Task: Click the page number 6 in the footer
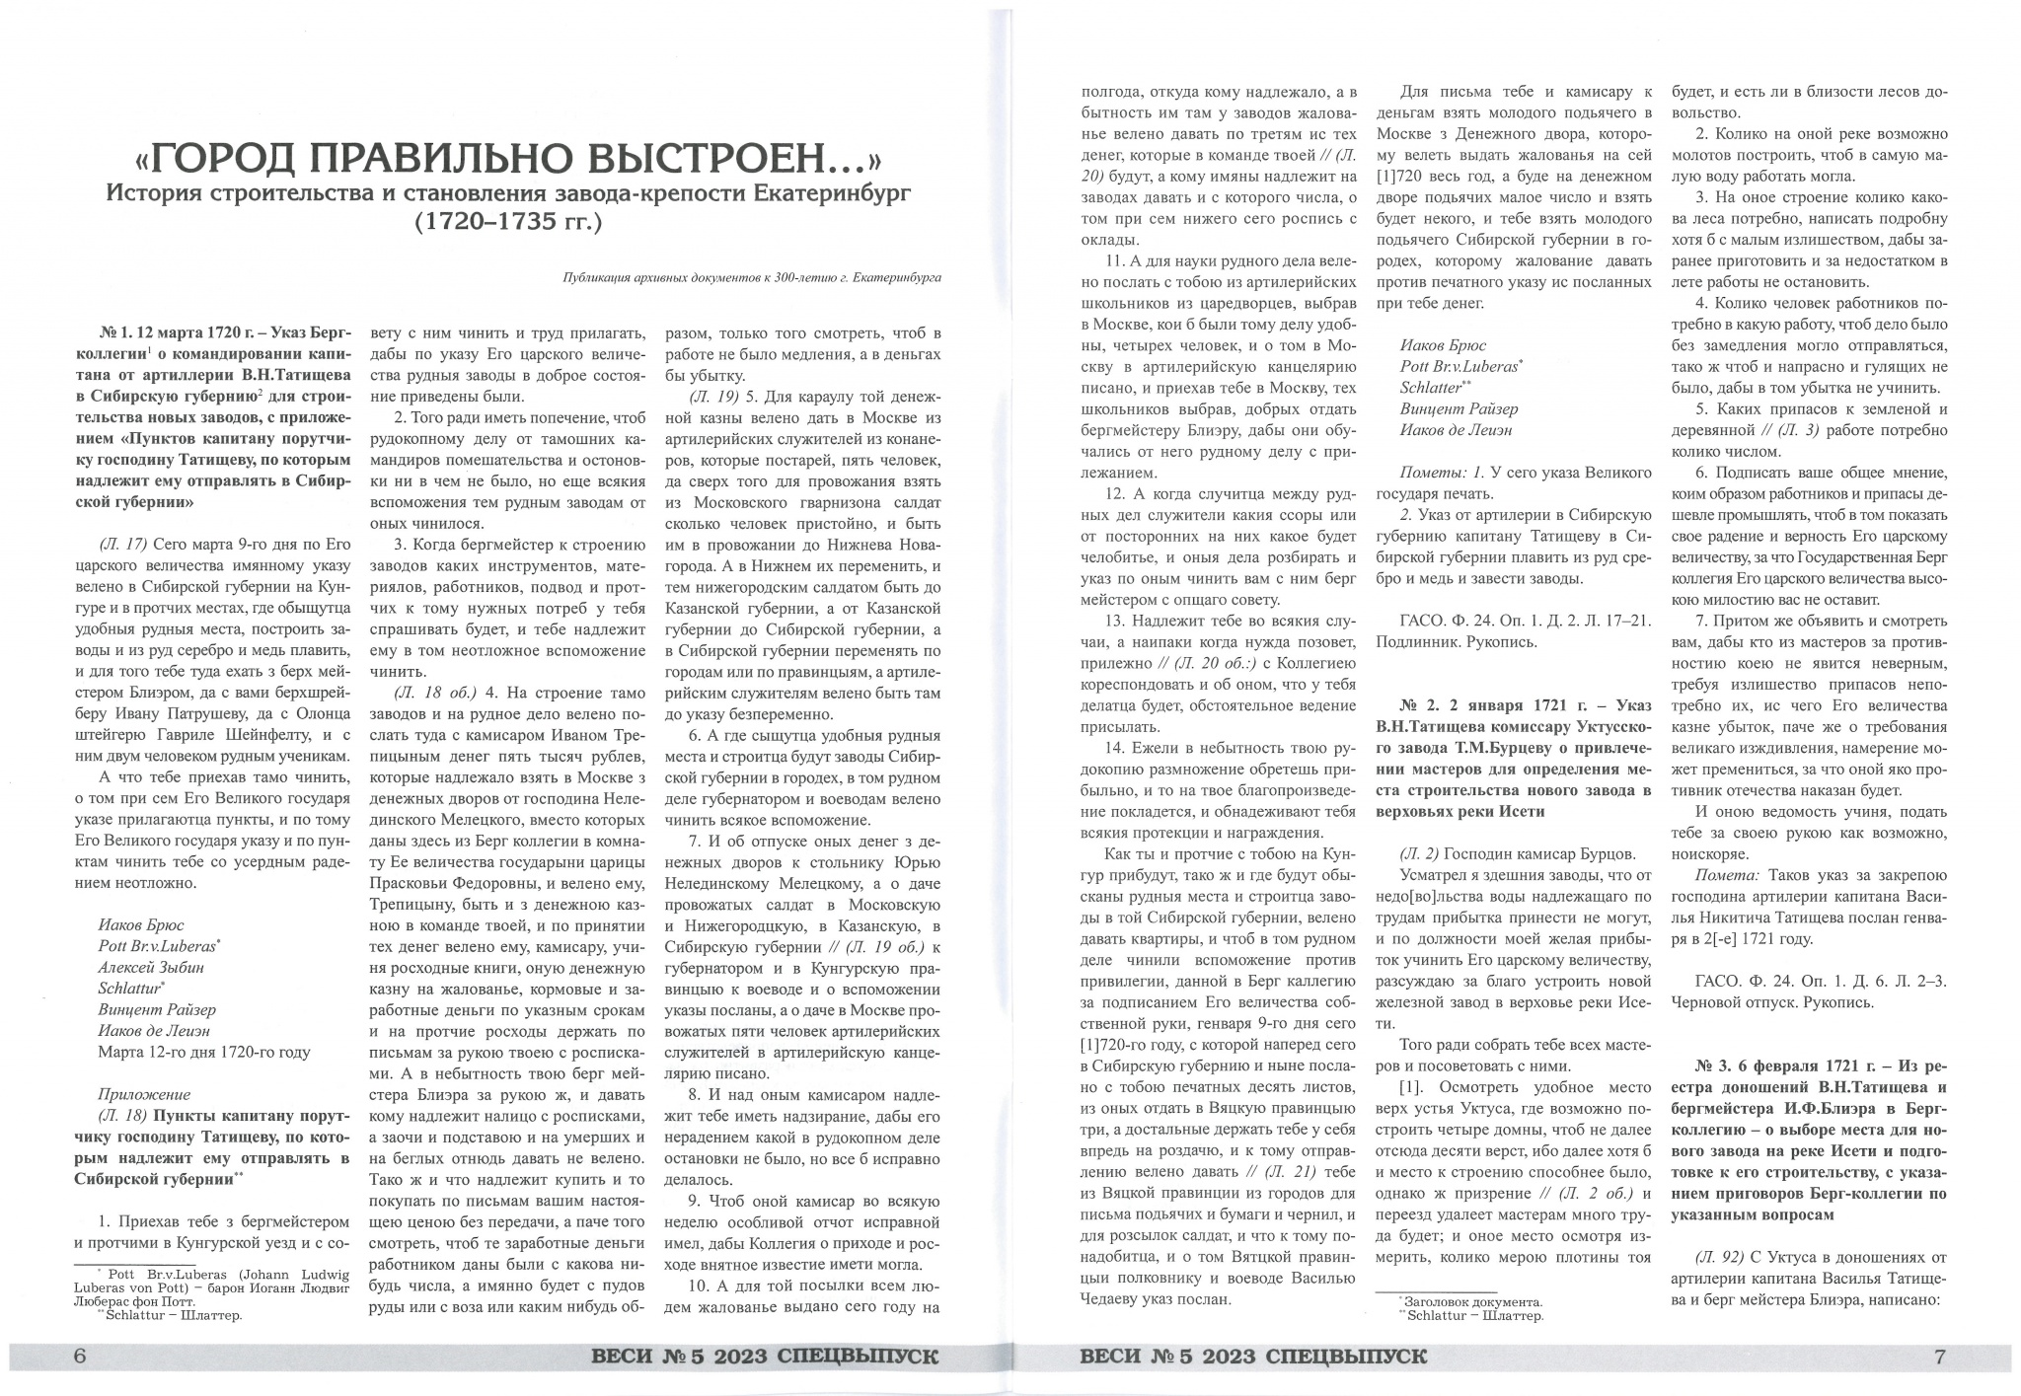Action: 81,1357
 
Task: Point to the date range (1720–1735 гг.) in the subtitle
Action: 508,222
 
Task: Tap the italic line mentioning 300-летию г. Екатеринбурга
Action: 751,277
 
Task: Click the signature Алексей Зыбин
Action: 150,967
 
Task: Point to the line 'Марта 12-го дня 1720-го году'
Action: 203,1052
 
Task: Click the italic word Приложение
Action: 144,1094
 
